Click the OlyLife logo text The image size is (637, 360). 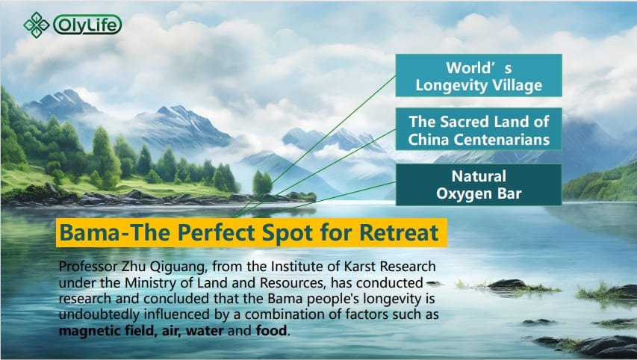87,25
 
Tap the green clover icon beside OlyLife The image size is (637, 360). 36,25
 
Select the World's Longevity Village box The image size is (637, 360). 479,75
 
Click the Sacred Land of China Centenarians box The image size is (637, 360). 479,129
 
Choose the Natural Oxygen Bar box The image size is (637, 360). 479,184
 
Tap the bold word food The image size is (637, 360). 271,330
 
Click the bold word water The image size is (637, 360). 205,331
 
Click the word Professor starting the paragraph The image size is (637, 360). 88,267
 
